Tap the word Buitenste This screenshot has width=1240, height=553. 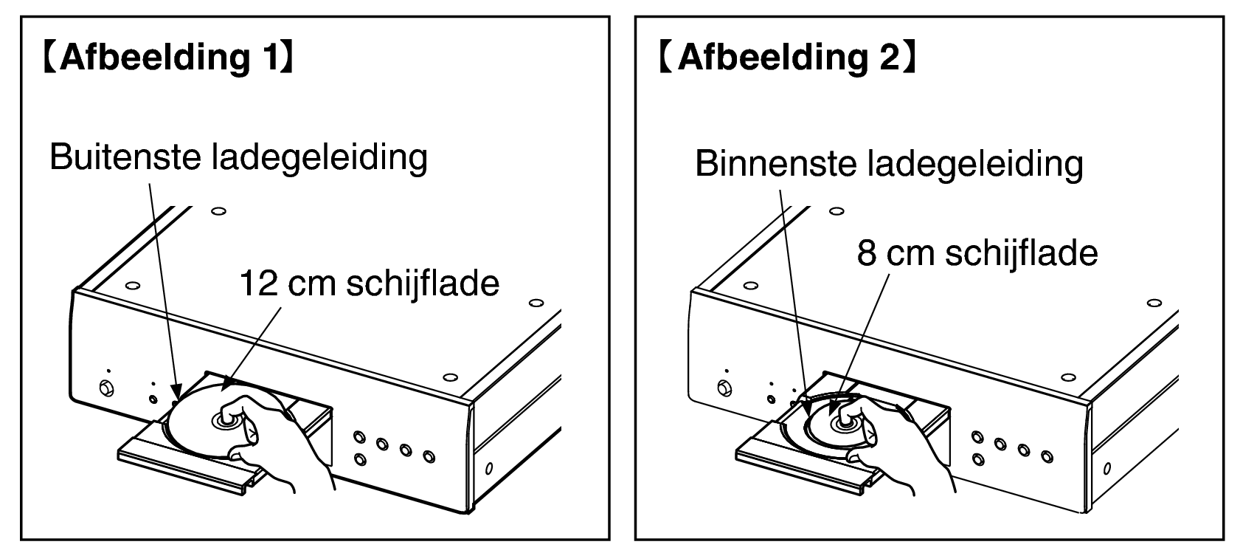coord(125,157)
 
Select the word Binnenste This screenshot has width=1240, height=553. coord(775,163)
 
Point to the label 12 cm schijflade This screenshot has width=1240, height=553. coord(370,284)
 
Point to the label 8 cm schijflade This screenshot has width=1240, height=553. coord(977,253)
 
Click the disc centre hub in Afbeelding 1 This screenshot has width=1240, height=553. coord(226,420)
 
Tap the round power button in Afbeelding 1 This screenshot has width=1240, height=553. coord(105,388)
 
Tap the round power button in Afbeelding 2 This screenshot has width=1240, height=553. coord(724,388)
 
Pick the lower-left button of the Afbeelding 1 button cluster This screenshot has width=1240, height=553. coord(361,459)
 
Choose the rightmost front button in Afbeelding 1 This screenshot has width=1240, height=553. coord(429,456)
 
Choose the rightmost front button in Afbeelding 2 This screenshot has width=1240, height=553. coord(1047,456)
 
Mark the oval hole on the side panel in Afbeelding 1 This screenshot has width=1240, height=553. coord(489,469)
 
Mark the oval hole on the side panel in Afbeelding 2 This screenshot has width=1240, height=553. coord(1107,469)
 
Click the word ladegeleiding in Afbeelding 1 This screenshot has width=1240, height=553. coord(319,158)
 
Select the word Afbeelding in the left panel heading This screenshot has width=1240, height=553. coord(156,58)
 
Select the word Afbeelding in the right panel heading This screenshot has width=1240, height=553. coord(773,58)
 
